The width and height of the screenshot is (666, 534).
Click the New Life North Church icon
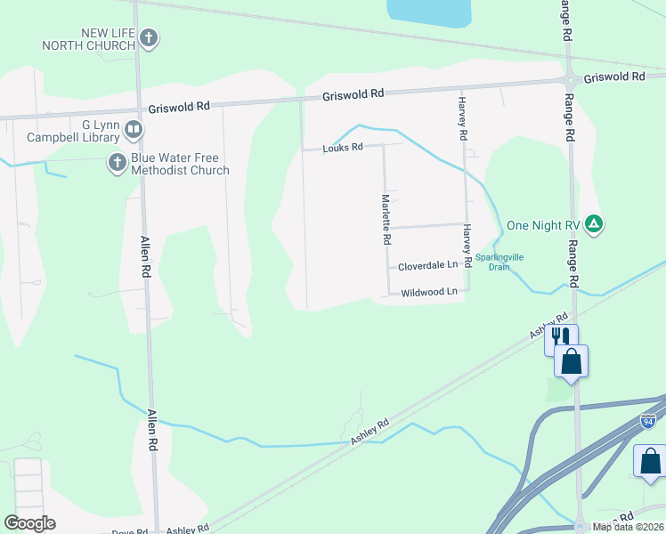pos(149,38)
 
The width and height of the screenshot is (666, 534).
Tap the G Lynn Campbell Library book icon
pos(133,131)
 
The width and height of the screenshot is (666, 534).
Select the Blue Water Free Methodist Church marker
pos(117,163)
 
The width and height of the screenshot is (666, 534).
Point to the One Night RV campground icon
pos(594,224)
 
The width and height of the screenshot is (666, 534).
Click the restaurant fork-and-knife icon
pos(560,336)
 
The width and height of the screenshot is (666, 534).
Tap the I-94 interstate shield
pos(648,419)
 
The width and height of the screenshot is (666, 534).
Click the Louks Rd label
pos(344,147)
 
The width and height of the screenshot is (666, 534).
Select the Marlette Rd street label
pos(386,220)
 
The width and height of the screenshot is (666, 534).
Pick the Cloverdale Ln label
pos(427,265)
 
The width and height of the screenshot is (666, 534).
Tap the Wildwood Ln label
pos(429,292)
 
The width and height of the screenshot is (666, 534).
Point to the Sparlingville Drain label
pos(499,262)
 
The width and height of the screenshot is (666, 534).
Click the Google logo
pos(29,523)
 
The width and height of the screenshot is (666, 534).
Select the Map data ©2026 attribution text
pos(629,527)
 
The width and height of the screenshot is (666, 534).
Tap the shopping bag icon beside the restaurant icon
pos(571,360)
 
